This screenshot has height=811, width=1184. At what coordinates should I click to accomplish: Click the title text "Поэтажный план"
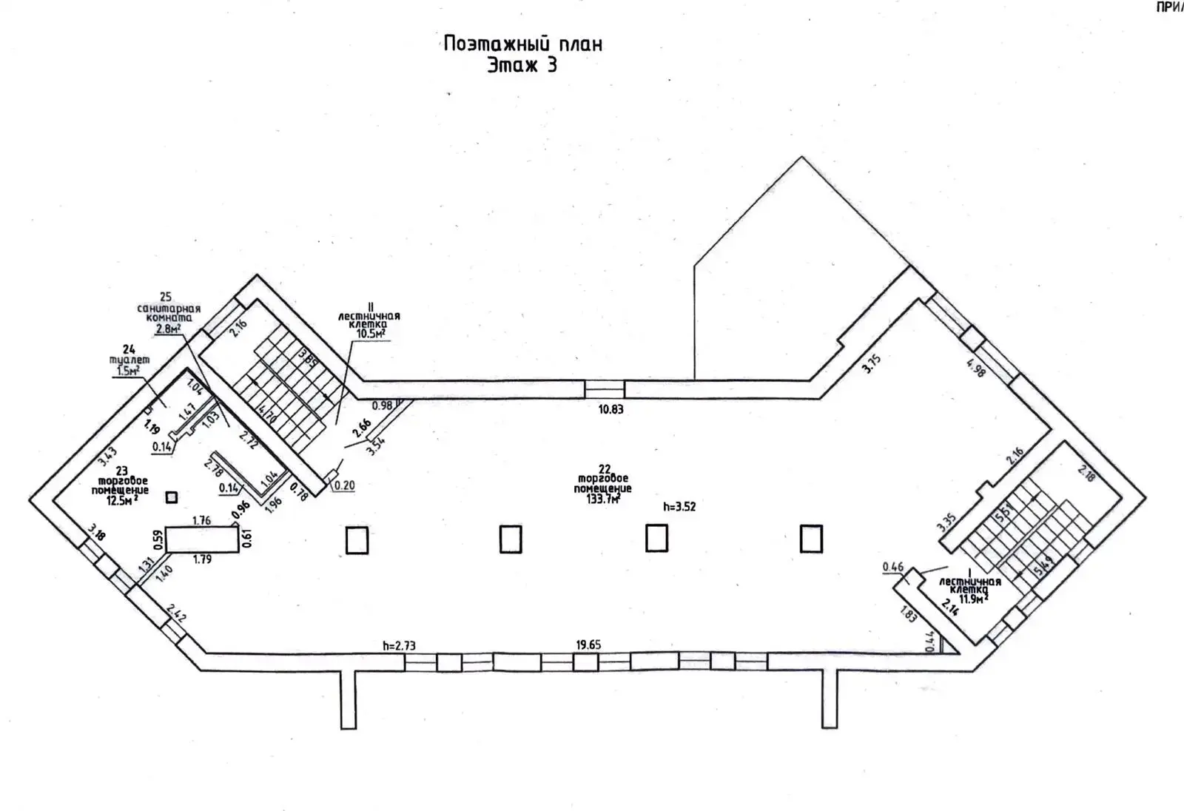pos(522,44)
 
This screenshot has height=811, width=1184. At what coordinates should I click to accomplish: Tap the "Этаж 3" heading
pos(522,65)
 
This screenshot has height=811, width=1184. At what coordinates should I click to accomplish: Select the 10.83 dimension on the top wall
pos(610,409)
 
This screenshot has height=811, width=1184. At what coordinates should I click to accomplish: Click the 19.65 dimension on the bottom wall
pos(588,645)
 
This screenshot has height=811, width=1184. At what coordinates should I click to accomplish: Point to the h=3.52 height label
pos(679,507)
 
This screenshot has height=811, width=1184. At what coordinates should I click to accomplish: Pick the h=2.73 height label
pos(399,645)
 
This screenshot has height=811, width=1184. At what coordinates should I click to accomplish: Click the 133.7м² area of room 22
pos(604,499)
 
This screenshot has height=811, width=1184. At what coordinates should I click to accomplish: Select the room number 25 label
pos(165,297)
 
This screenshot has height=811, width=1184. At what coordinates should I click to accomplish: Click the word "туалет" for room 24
pos(129,360)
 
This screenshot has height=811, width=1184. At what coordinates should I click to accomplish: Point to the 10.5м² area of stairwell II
pos(370,334)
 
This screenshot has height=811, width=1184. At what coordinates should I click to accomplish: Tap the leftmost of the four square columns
pos(357,539)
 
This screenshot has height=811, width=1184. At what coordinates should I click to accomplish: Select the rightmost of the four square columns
pos(811,539)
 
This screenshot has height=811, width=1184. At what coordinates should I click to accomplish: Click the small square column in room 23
pos(172,498)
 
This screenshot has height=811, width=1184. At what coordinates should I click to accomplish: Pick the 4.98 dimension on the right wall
pos(976,368)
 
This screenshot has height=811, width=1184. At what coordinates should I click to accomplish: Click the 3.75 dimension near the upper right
pos(872,363)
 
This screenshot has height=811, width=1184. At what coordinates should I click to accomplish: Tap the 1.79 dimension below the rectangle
pos(202,559)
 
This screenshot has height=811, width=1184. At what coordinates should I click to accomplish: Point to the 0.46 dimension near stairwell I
pos(893,568)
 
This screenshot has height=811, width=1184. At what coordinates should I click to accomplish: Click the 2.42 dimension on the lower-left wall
pos(176,613)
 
